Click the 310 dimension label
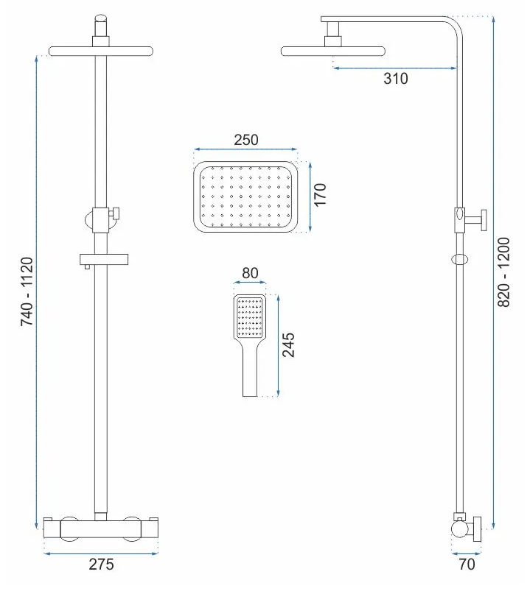click(396, 79)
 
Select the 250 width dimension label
click(246, 140)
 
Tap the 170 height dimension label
click(320, 195)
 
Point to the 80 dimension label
click(250, 273)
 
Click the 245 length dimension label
click(289, 344)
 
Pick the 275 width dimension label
click(101, 565)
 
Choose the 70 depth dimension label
click(467, 565)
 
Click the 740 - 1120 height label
click(27, 291)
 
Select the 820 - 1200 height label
click(503, 272)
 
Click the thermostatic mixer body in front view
click(101, 529)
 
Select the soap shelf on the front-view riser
click(104, 259)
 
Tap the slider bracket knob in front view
click(114, 213)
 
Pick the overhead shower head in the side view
click(333, 52)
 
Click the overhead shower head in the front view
click(101, 52)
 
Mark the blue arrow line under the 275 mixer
click(101, 553)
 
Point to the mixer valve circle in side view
click(459, 528)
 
